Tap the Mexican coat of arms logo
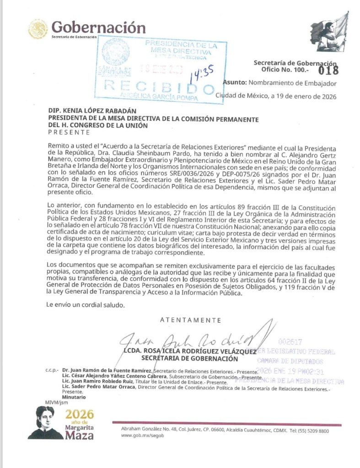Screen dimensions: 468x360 tap(38, 29)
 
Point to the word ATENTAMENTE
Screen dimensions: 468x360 tap(190, 320)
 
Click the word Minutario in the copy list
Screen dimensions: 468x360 tap(74, 397)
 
